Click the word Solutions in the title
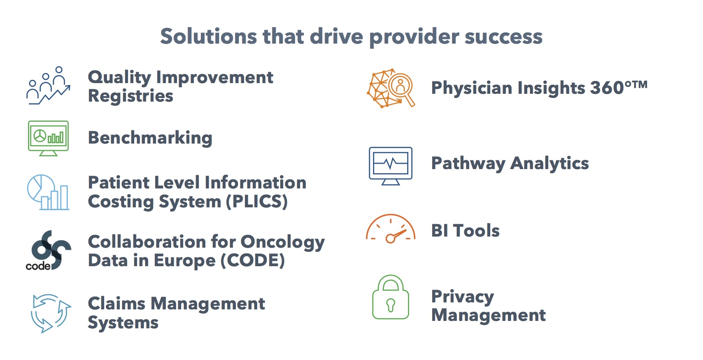(x=208, y=36)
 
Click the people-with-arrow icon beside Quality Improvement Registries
(x=48, y=85)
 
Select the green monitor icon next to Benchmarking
(x=48, y=138)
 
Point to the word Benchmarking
(x=150, y=138)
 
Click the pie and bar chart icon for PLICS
(x=48, y=192)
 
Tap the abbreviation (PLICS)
(x=256, y=201)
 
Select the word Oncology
(x=282, y=242)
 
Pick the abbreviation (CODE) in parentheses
(x=253, y=260)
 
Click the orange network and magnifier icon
(x=391, y=88)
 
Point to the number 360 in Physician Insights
(x=607, y=88)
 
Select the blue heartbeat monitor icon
(x=391, y=166)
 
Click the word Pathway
(x=468, y=163)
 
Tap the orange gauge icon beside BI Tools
(x=391, y=229)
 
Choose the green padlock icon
(x=391, y=297)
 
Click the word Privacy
(x=463, y=297)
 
